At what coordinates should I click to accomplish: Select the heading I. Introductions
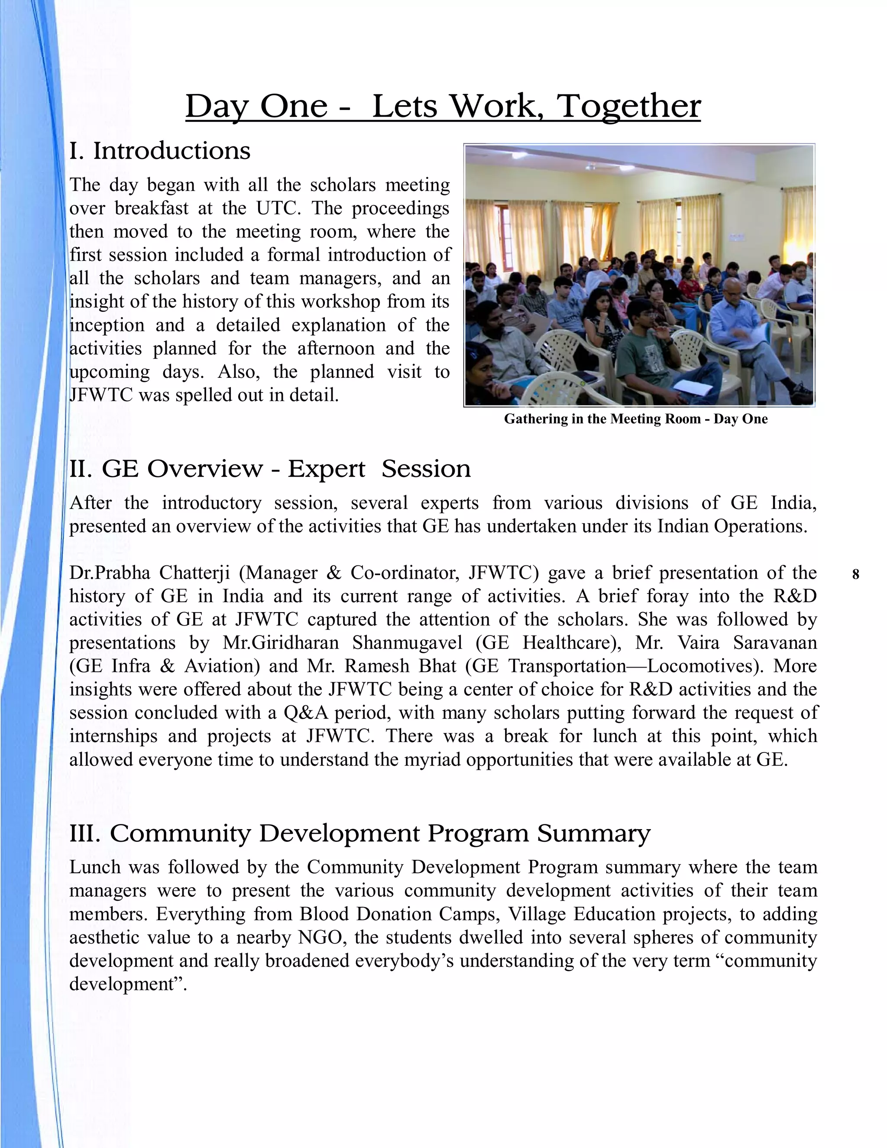tap(160, 151)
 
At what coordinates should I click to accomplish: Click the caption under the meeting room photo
tap(636, 419)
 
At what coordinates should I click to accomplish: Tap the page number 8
tap(855, 574)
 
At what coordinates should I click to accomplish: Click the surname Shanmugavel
tap(405, 642)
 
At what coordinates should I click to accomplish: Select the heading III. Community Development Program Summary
tap(360, 833)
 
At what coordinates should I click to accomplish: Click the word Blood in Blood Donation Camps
tap(324, 914)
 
